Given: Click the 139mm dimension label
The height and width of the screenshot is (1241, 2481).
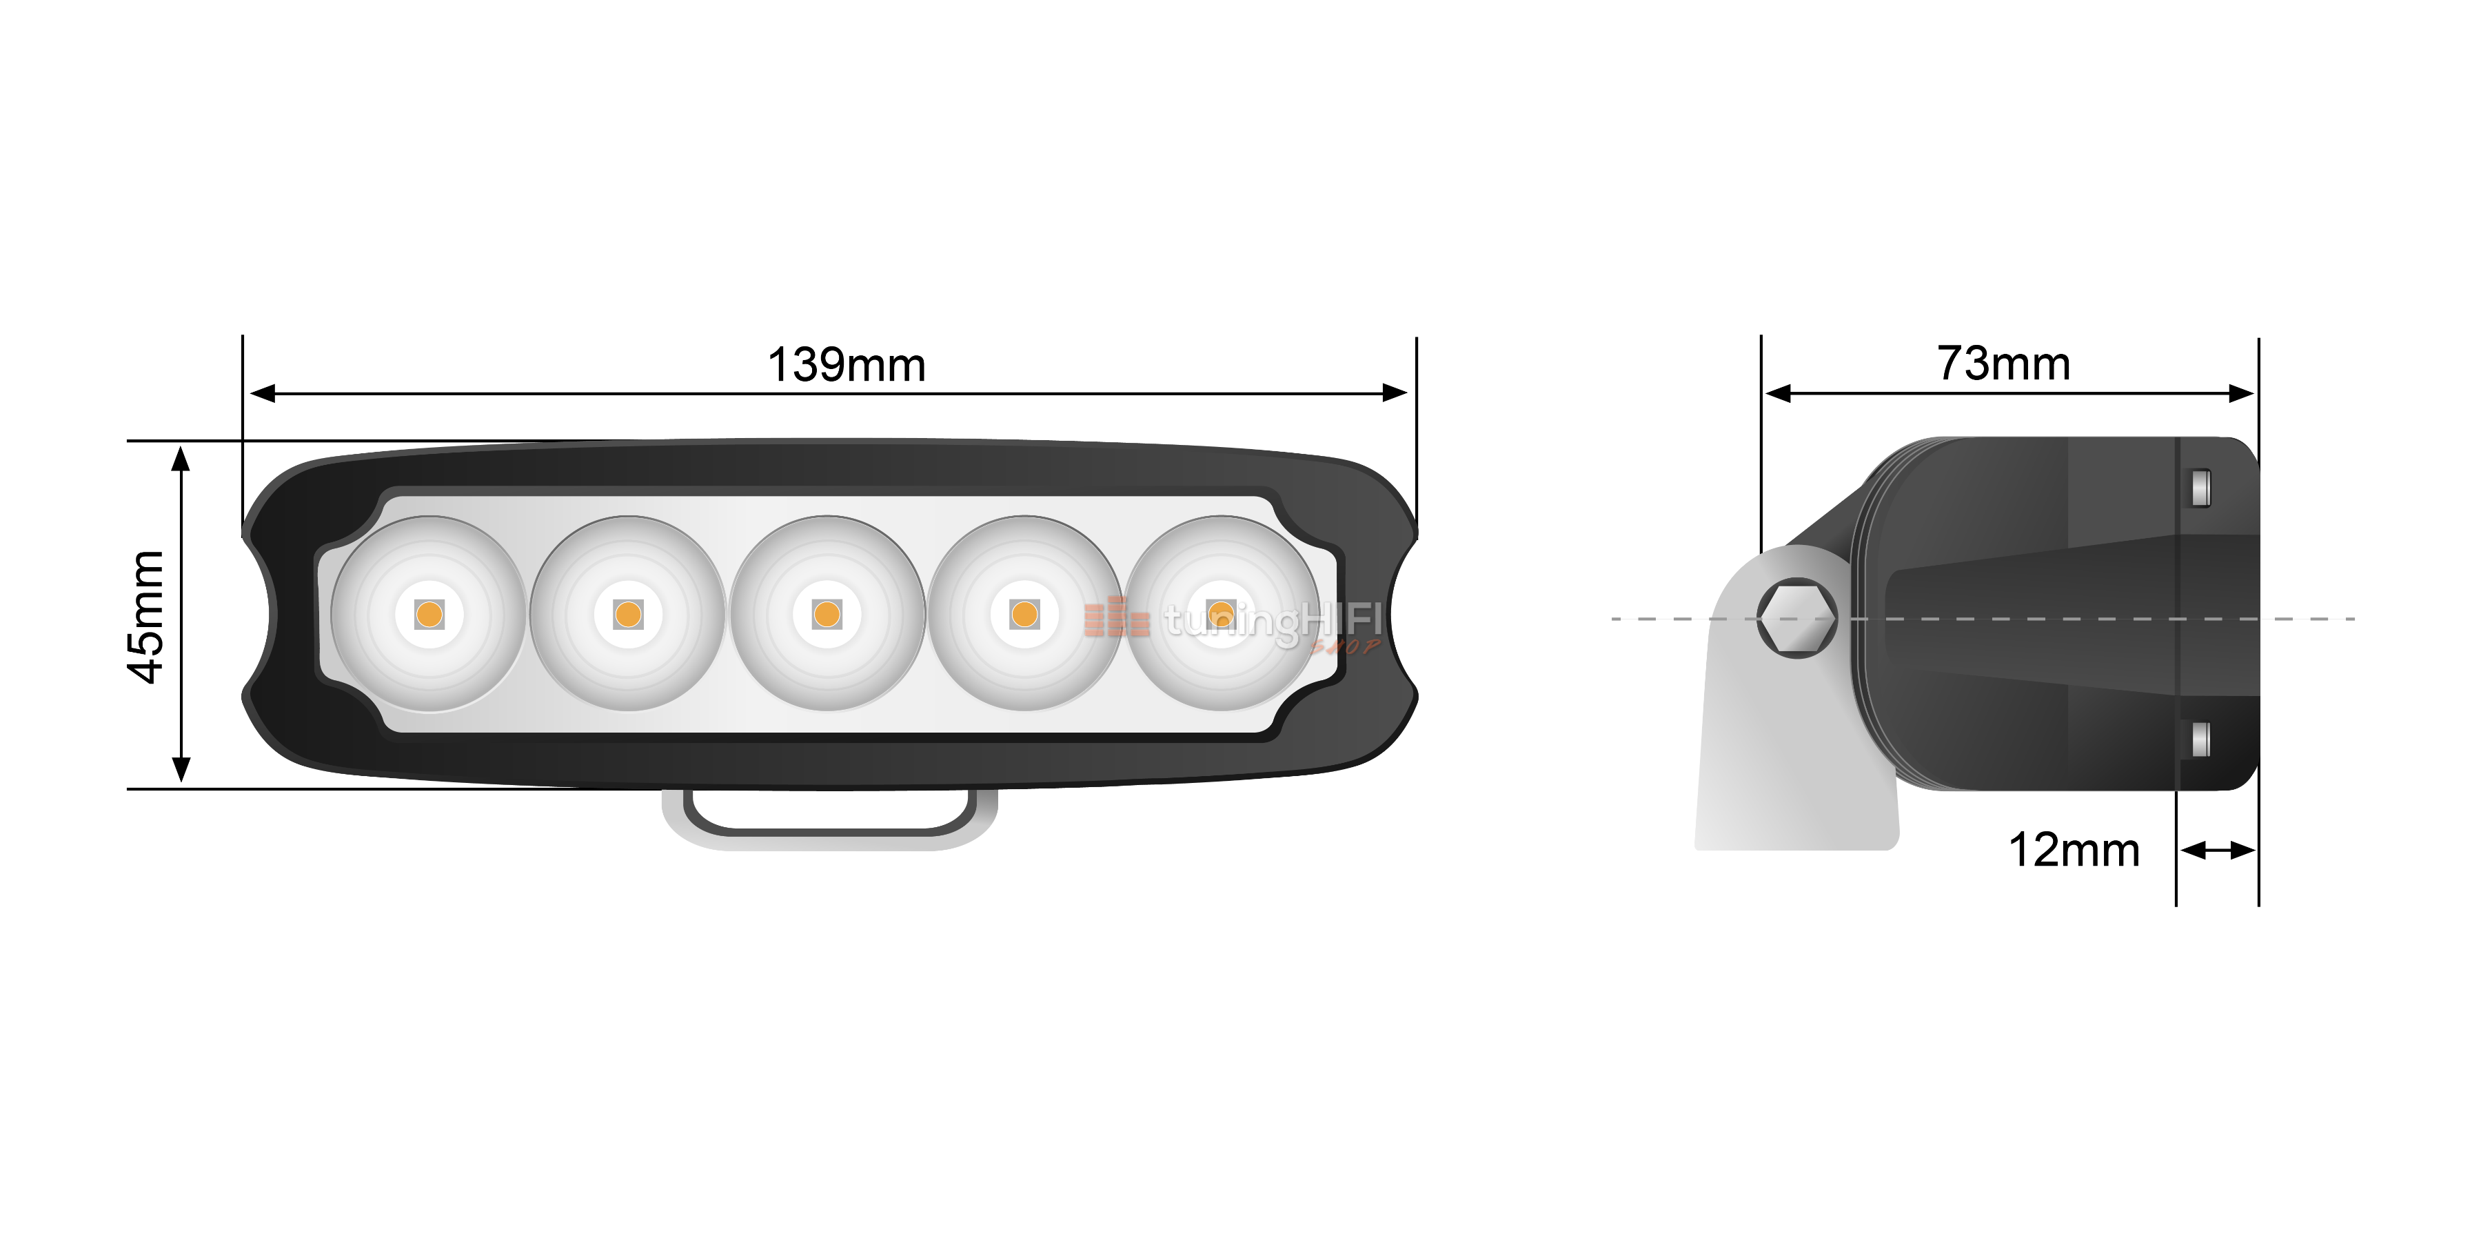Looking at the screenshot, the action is (846, 365).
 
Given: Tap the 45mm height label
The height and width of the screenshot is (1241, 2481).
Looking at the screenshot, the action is (148, 617).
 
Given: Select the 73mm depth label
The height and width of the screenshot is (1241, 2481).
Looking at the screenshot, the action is (2003, 364).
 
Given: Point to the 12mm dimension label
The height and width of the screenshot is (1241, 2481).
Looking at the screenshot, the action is (2074, 850).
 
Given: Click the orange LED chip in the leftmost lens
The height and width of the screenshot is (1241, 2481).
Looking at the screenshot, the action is (429, 614).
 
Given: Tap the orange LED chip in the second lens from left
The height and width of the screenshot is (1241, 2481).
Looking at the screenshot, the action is (628, 614).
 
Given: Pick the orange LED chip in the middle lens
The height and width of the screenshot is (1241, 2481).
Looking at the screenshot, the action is (827, 614).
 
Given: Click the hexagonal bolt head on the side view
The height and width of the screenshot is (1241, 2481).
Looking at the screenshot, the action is (1796, 617).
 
